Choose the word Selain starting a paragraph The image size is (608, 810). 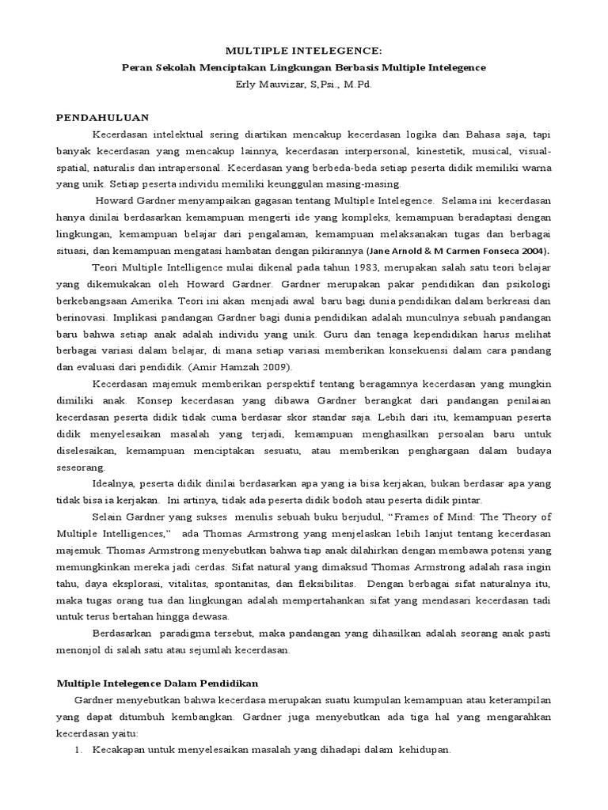(111, 517)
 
